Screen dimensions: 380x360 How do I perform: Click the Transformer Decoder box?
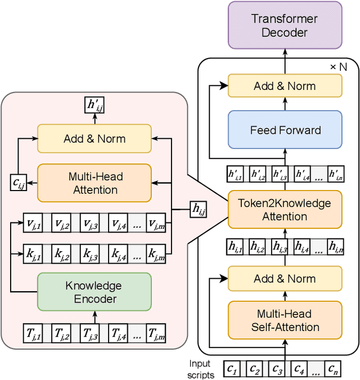(x=285, y=25)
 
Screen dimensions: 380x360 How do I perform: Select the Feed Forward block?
(x=285, y=130)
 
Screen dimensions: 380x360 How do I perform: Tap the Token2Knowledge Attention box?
(x=285, y=210)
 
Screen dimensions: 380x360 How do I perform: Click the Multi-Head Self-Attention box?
(x=285, y=320)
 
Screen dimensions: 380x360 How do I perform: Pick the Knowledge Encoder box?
(x=94, y=292)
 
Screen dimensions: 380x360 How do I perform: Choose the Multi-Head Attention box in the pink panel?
(x=94, y=183)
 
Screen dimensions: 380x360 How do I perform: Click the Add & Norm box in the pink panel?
(x=94, y=139)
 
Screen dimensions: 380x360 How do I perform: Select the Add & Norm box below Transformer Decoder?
(x=285, y=86)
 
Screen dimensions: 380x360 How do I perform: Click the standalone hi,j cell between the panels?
(x=198, y=209)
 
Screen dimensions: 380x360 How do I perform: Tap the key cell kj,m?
(x=156, y=255)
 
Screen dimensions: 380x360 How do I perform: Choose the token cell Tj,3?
(x=90, y=333)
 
